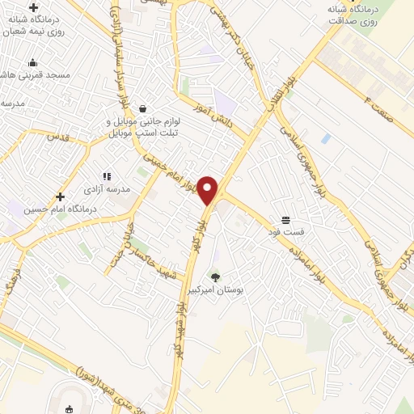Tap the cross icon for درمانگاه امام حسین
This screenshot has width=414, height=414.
tap(60, 196)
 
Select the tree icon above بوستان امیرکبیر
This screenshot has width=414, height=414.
tap(214, 277)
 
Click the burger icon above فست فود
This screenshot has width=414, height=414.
tap(285, 220)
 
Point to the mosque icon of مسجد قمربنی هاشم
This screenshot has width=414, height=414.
tap(32, 63)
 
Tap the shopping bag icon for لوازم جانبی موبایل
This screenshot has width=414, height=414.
tap(143, 108)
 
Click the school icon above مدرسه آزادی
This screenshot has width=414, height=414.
tap(105, 176)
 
